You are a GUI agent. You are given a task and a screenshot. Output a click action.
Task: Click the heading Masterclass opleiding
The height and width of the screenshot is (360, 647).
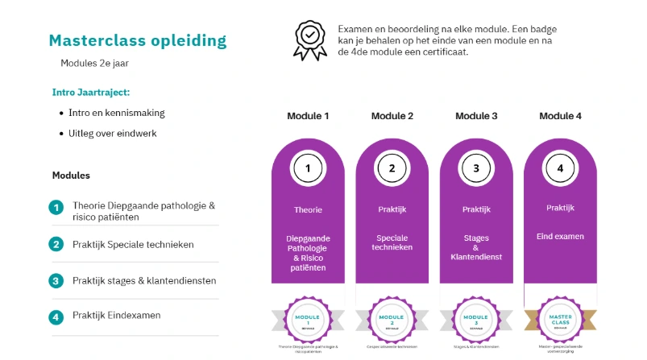coord(138,40)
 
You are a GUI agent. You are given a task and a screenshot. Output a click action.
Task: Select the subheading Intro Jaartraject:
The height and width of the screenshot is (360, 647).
coord(91,93)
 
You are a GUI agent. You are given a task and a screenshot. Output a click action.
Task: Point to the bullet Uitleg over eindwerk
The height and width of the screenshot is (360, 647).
coord(113,133)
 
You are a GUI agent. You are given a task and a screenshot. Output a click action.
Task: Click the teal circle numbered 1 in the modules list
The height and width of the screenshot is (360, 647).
coord(56,208)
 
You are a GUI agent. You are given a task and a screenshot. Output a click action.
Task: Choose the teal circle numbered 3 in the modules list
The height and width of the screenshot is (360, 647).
coord(56,280)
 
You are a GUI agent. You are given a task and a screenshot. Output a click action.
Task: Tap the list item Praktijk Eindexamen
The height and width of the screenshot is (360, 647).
coord(116,315)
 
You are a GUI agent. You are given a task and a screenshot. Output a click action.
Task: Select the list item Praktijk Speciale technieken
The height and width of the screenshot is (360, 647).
coord(133,244)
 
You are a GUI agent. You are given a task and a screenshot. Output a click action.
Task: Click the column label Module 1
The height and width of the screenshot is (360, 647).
coord(308,116)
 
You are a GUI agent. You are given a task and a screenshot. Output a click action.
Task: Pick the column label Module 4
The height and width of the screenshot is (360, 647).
coord(560,116)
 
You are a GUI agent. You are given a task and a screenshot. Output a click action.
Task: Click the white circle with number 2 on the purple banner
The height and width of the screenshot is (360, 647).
coord(392,168)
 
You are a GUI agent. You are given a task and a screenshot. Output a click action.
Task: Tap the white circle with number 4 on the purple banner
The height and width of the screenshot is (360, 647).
coord(560,168)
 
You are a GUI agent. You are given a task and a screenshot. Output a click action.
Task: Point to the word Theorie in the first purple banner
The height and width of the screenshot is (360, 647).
coord(308,209)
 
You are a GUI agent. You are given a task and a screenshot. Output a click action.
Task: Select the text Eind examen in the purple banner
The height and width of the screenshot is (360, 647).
coord(560,237)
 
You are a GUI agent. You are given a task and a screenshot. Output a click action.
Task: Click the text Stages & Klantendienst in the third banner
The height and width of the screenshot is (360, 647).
coord(476,247)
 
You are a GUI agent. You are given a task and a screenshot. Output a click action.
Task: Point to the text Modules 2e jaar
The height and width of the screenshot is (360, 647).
coord(94,63)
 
